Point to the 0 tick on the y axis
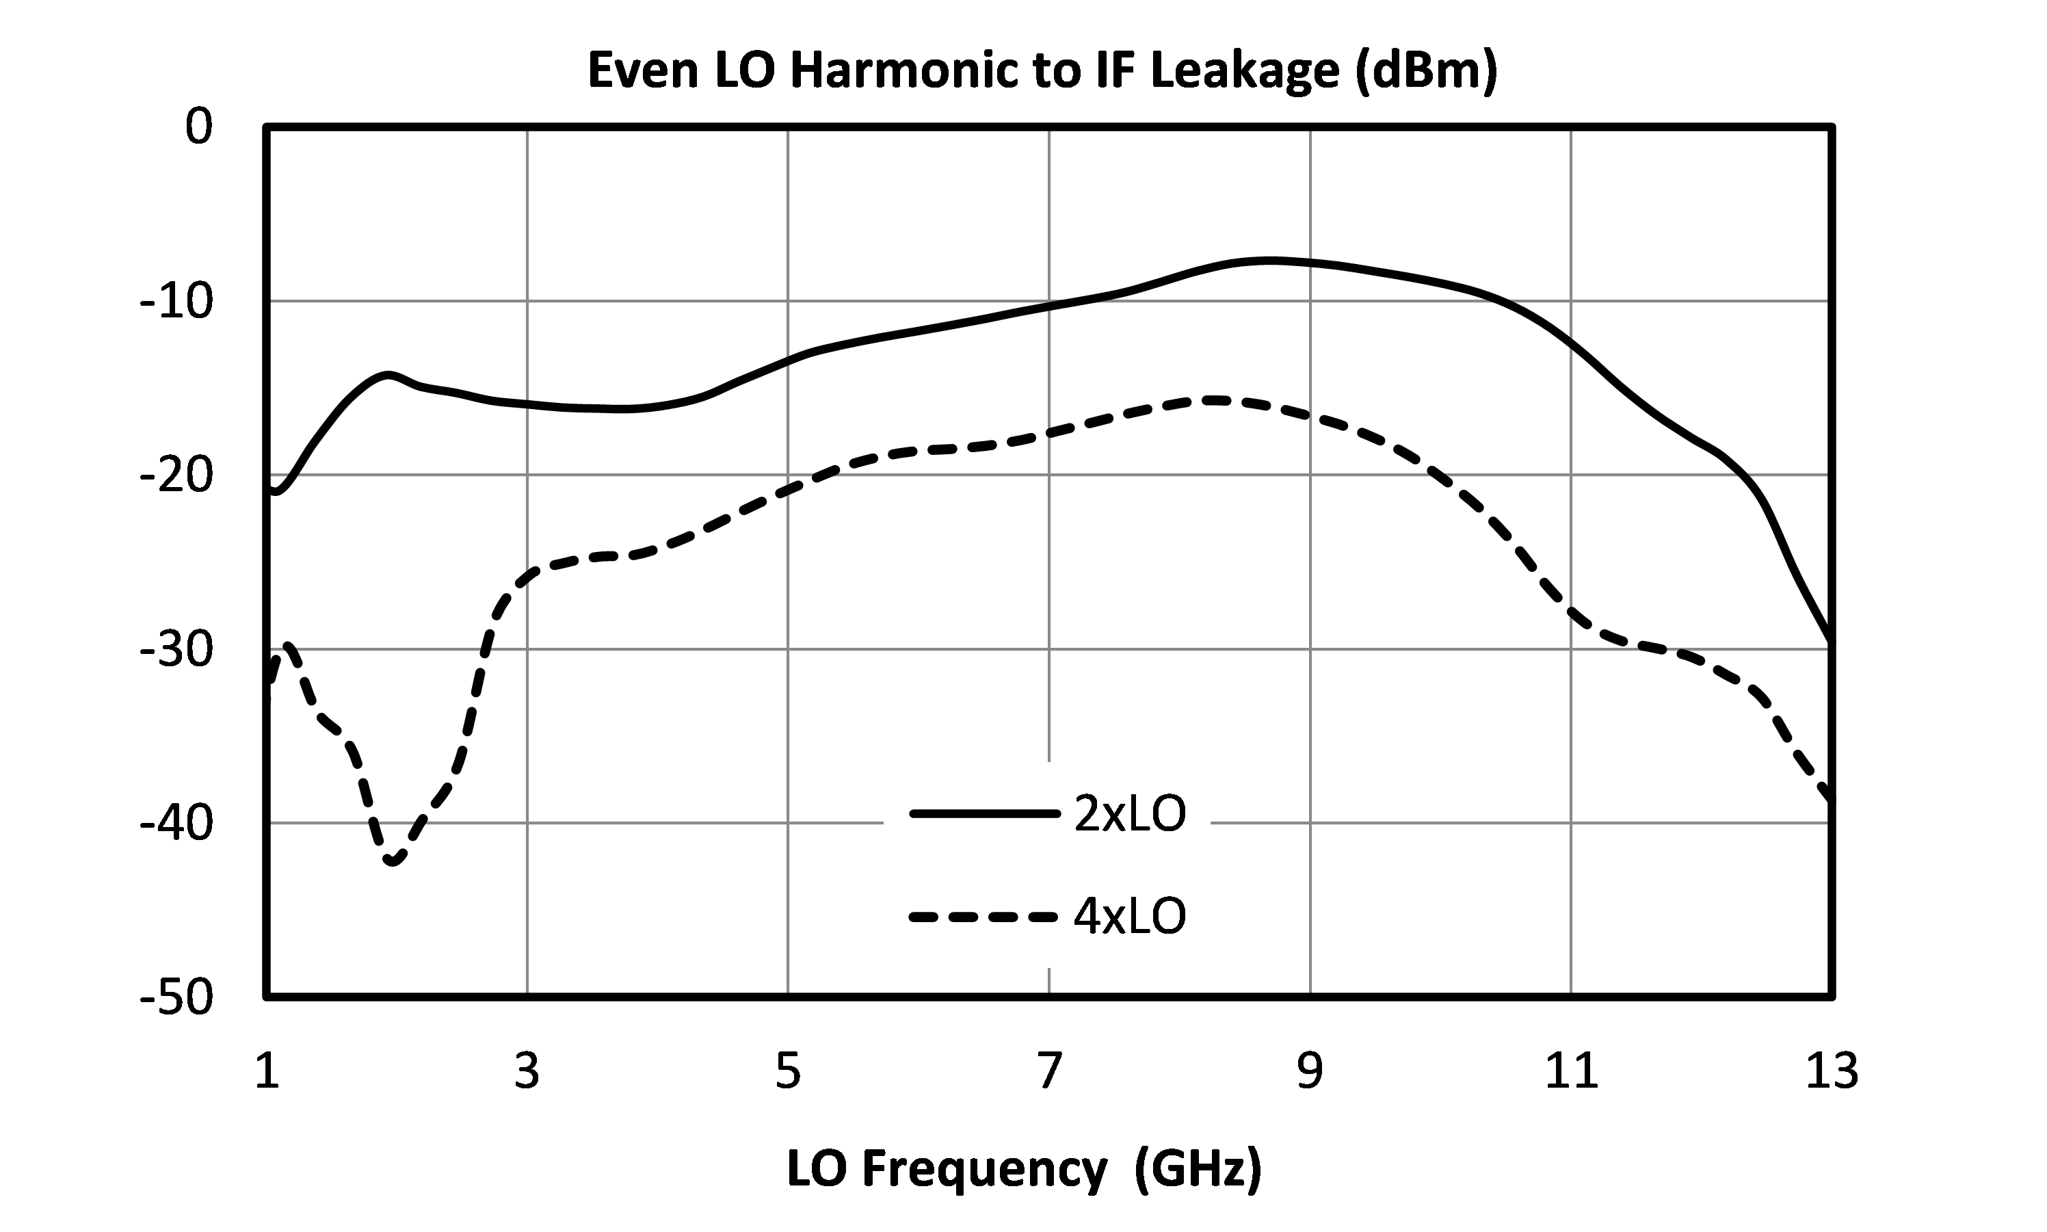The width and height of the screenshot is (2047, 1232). point(199,127)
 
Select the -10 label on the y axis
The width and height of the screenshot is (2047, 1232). point(176,302)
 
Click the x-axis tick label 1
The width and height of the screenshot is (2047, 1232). point(266,1071)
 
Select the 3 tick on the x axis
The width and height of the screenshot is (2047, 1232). point(527,1071)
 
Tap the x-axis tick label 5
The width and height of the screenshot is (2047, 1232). point(789,1071)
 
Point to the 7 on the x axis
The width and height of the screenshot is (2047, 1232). point(1050,1071)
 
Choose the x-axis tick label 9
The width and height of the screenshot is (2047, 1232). point(1310,1071)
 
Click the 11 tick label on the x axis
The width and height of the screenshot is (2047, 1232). point(1571,1071)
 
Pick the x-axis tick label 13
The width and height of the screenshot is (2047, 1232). point(1832,1071)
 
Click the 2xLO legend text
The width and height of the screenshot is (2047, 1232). point(1129,815)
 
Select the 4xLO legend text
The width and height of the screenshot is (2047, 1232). point(1129,917)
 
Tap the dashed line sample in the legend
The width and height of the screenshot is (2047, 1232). point(984,917)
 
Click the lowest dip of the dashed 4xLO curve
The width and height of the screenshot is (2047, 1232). point(393,861)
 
